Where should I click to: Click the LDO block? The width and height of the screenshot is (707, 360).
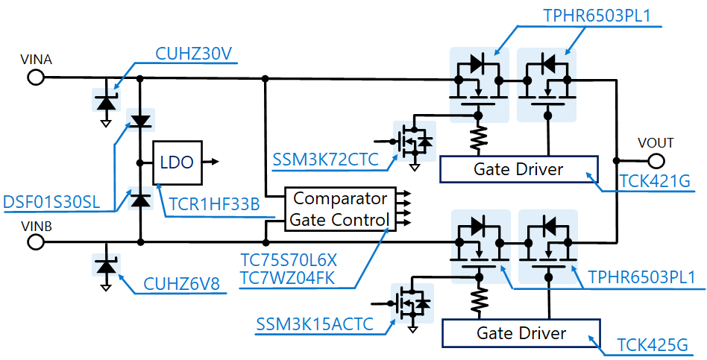tap(176, 162)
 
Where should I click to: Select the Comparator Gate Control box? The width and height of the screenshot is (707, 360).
tap(340, 209)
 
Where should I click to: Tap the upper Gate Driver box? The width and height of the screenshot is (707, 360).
tap(518, 169)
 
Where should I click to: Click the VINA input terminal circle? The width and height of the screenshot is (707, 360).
tap(34, 77)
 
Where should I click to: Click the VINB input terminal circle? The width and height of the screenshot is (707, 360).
tap(34, 242)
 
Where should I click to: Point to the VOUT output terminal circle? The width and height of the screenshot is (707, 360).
tap(656, 160)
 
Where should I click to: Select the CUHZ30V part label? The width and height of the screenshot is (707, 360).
tap(194, 54)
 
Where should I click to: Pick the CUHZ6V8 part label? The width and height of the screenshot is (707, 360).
tap(181, 285)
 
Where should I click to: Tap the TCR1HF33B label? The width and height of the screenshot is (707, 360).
tap(213, 204)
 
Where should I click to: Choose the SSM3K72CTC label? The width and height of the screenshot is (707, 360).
tap(324, 160)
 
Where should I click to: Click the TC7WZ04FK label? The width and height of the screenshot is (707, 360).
tap(289, 279)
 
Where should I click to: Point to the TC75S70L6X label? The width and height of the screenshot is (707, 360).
tap(289, 261)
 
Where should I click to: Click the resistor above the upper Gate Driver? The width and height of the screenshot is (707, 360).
tap(478, 138)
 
